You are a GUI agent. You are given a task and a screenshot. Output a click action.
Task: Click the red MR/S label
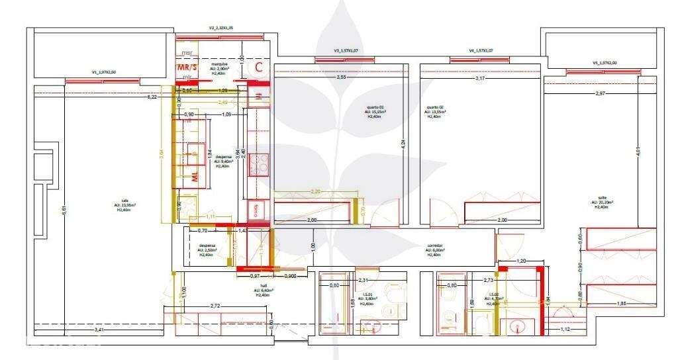(x=184, y=67)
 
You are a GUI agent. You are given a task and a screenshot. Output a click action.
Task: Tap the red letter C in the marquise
(x=259, y=66)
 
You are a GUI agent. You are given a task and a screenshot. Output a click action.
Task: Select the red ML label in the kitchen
(x=195, y=176)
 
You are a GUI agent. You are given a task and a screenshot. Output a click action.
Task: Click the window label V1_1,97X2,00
(x=104, y=72)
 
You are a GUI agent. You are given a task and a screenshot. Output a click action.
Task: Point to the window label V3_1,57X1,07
(x=346, y=51)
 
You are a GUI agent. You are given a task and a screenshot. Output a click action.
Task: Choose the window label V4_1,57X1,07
(x=482, y=50)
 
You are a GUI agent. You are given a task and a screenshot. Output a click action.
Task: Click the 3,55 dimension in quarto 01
(x=340, y=77)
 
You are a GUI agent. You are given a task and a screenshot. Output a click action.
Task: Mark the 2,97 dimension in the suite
(x=600, y=94)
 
